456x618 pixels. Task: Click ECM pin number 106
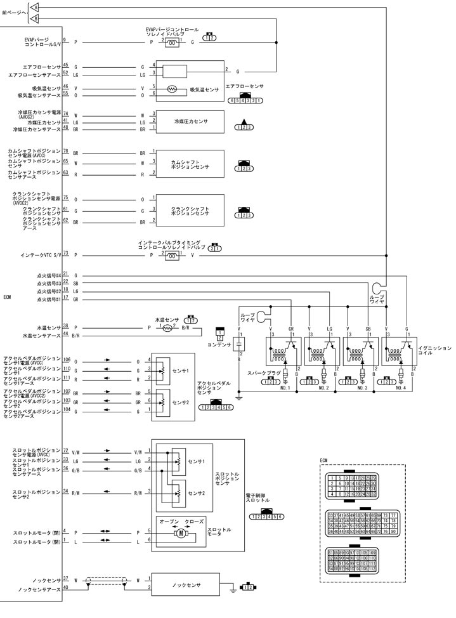point(66,359)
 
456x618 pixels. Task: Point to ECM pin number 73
point(65,253)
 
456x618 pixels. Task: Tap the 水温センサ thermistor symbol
point(168,328)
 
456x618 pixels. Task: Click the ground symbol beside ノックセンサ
point(236,588)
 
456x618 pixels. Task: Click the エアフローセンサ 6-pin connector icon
point(245,100)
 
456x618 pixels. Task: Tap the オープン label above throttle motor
point(169,521)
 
